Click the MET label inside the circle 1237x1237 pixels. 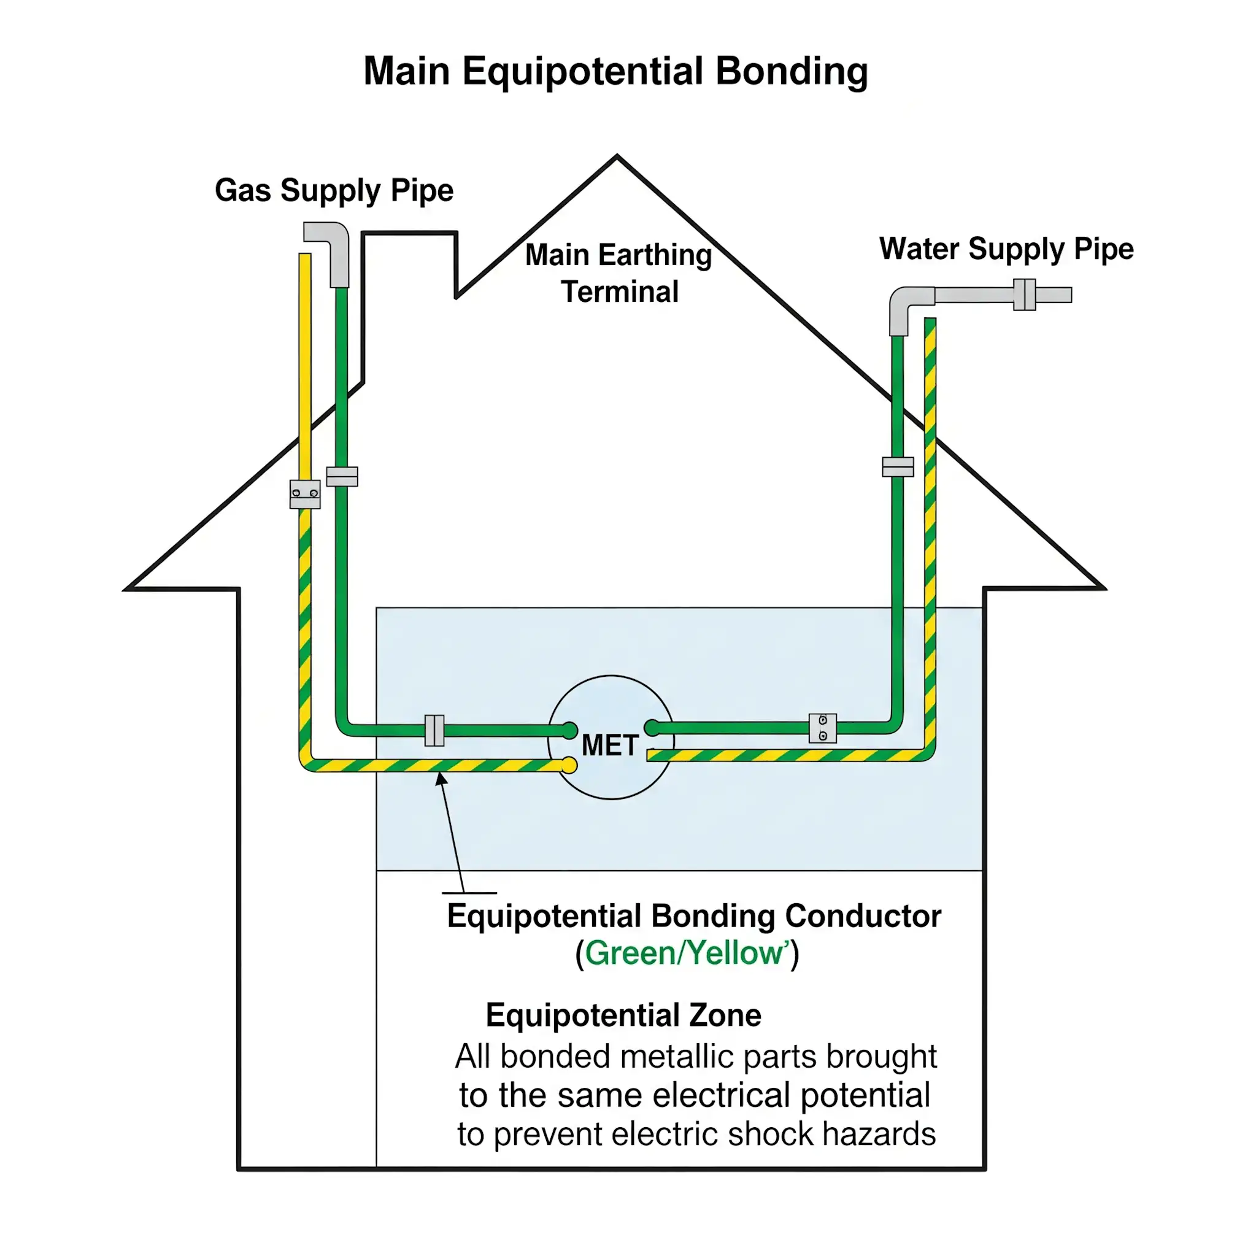[x=609, y=746]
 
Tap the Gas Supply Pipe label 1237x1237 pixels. [x=334, y=190]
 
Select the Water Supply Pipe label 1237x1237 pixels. [x=1006, y=249]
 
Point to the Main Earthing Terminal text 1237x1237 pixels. [x=618, y=273]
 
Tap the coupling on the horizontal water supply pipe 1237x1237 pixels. [x=1025, y=295]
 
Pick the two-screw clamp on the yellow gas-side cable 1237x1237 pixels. [x=305, y=494]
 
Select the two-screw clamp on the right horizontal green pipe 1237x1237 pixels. [x=822, y=728]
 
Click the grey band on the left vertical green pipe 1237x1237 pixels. [x=342, y=476]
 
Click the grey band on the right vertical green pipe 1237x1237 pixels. [x=898, y=467]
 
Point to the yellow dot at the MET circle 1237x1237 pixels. [x=569, y=765]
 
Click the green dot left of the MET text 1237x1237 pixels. [x=569, y=730]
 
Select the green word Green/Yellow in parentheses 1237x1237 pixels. [x=686, y=953]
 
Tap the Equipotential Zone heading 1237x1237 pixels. [x=623, y=1015]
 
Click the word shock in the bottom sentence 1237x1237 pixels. [x=769, y=1134]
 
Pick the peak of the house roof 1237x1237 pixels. [x=617, y=156]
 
